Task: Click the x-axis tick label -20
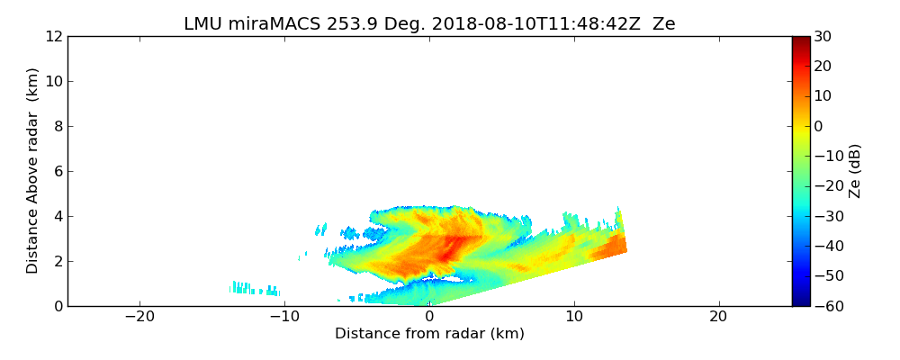pos(139,317)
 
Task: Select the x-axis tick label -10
pos(283,317)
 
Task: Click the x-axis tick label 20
pos(718,317)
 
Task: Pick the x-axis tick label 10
pos(573,317)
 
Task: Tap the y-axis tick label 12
pos(53,36)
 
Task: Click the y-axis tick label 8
pos(58,126)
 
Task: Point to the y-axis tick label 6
pos(58,171)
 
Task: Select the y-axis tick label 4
pos(58,216)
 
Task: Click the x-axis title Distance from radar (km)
pos(429,334)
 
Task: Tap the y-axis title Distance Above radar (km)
pos(33,170)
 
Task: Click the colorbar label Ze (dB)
pos(855,170)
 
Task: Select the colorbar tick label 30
pos(823,36)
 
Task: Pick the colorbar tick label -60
pos(826,306)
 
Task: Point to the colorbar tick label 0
pos(819,126)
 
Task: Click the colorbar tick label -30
pos(826,216)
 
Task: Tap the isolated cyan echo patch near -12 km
pos(252,289)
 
